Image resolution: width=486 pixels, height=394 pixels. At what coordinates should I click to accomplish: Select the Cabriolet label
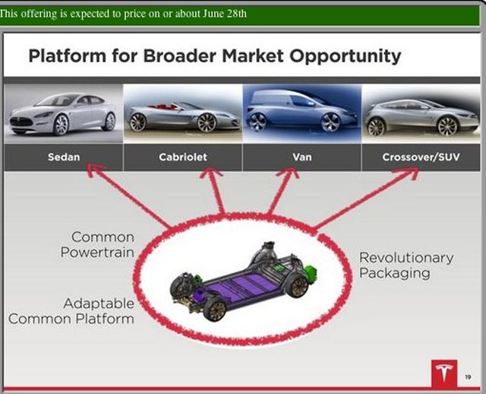tap(182, 157)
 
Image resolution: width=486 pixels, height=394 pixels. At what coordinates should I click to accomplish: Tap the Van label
tap(302, 157)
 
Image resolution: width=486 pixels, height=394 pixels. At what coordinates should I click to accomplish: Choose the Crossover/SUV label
tap(420, 157)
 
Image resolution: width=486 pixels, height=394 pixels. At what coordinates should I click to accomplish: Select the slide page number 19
tap(468, 373)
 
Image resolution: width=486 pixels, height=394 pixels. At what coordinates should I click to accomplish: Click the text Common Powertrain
tap(103, 245)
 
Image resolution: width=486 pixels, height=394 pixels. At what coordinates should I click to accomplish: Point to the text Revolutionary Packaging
tap(406, 265)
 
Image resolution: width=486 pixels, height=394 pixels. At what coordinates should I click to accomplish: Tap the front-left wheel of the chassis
tap(216, 310)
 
